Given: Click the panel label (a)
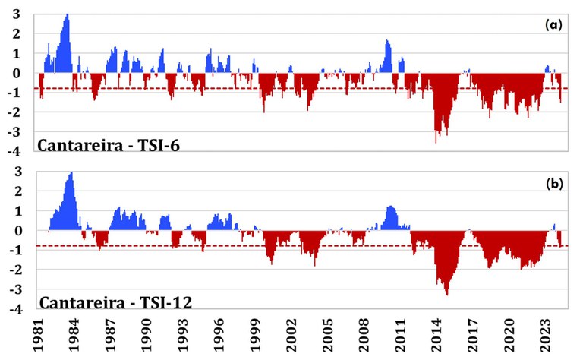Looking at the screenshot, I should (x=553, y=25).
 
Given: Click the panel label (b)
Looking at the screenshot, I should (x=553, y=183).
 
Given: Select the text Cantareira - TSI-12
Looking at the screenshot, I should (x=115, y=302).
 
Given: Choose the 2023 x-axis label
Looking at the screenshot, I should (x=546, y=339).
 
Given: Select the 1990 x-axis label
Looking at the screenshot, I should (x=147, y=339).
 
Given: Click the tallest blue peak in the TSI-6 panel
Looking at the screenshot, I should (x=68, y=15).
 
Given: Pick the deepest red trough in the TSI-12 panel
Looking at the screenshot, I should (x=446, y=295).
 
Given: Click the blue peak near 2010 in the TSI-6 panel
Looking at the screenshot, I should (x=387, y=41).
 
